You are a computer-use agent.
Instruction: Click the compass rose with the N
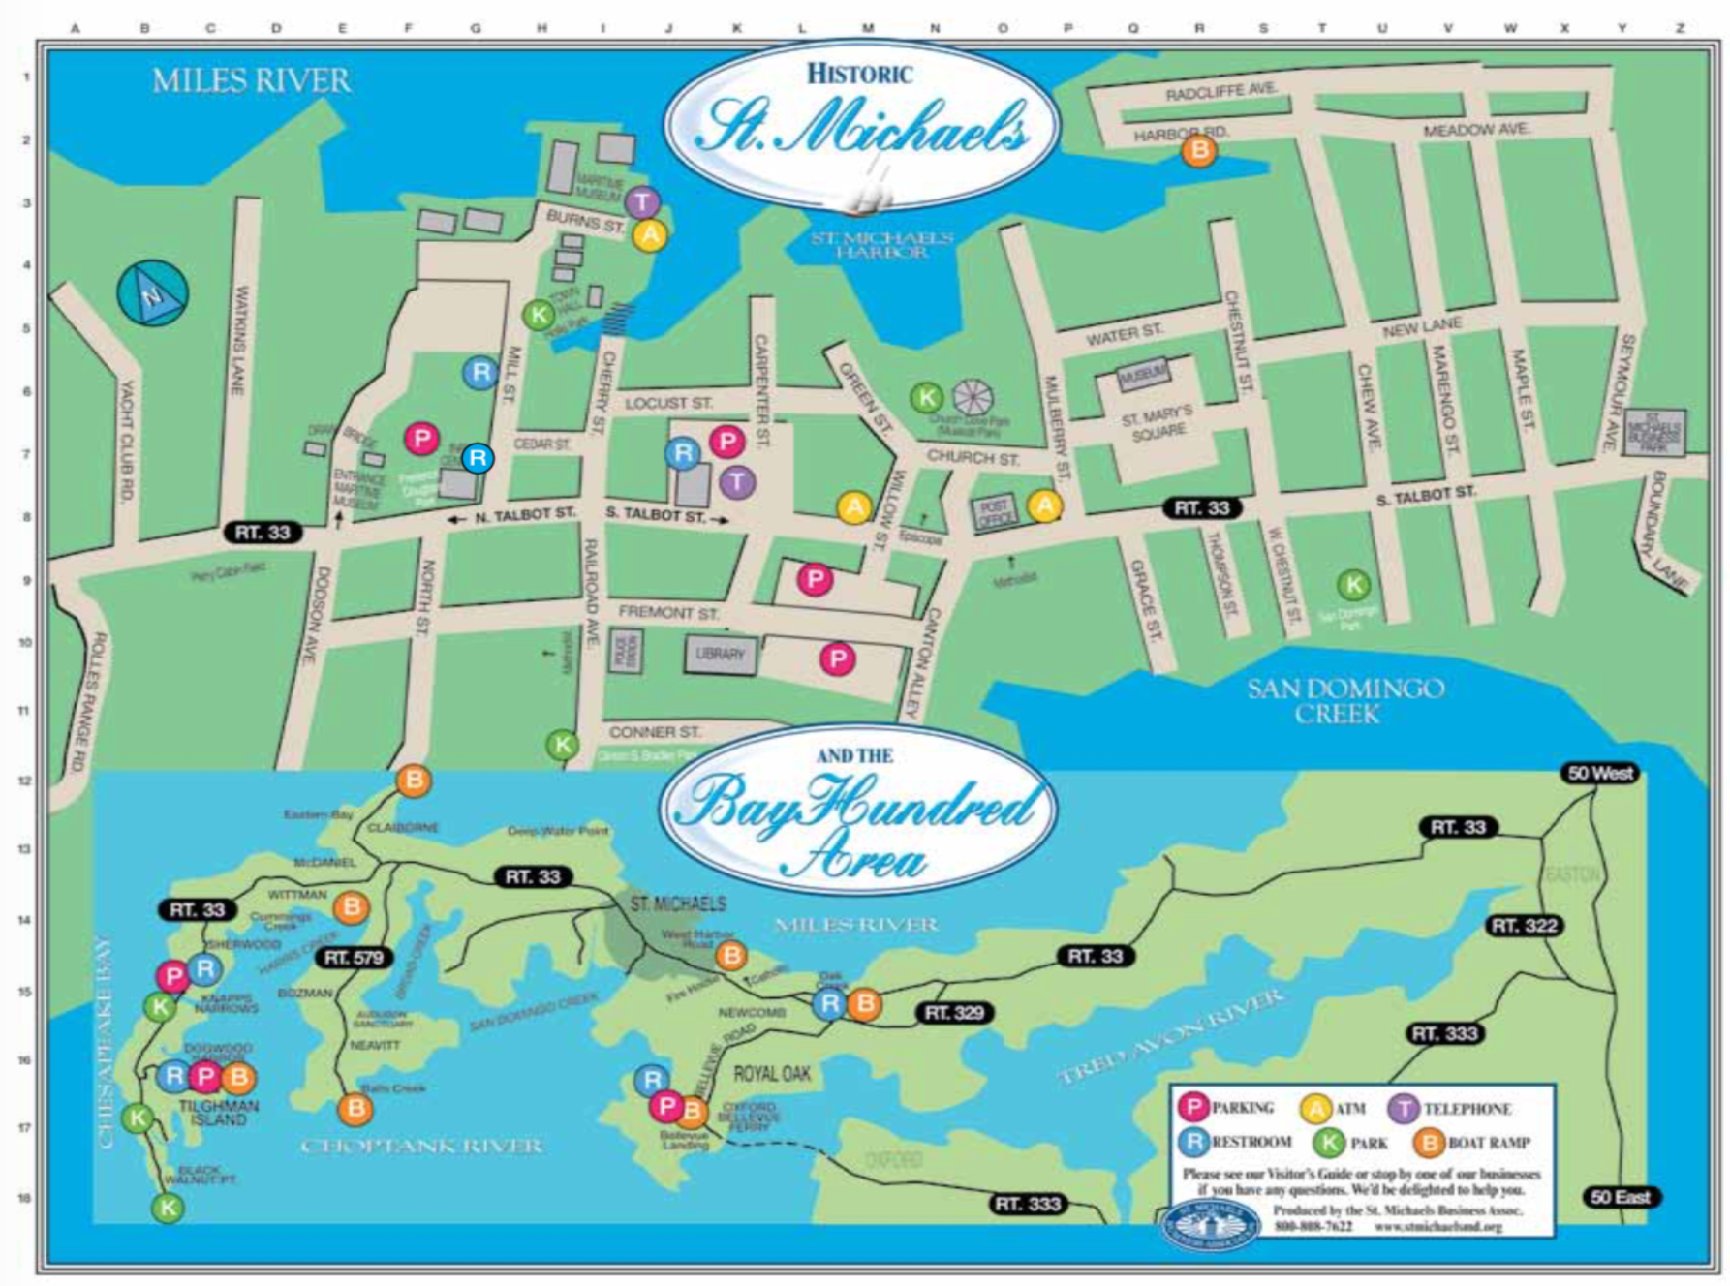pyautogui.click(x=152, y=292)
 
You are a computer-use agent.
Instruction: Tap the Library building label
pyautogui.click(x=720, y=655)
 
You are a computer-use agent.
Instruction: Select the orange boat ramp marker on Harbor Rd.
pyautogui.click(x=1199, y=150)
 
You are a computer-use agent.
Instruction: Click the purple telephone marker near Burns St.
pyautogui.click(x=641, y=202)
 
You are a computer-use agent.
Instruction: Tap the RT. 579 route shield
pyautogui.click(x=354, y=958)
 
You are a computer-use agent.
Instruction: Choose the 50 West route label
pyautogui.click(x=1600, y=773)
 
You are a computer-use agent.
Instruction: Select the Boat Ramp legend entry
pyautogui.click(x=1472, y=1143)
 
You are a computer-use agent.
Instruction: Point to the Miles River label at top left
pyautogui.click(x=251, y=80)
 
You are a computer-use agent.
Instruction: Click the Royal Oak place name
pyautogui.click(x=772, y=1074)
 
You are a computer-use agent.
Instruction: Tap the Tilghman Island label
pyautogui.click(x=218, y=1113)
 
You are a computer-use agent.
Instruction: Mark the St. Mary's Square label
pyautogui.click(x=1158, y=424)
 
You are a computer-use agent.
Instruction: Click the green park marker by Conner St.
pyautogui.click(x=563, y=745)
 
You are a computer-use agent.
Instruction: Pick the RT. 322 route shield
pyautogui.click(x=1524, y=926)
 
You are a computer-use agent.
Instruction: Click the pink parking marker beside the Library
pyautogui.click(x=838, y=659)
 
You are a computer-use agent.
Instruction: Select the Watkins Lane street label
pyautogui.click(x=240, y=339)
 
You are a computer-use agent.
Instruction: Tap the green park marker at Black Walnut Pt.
pyautogui.click(x=168, y=1208)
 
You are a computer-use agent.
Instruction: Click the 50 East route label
pyautogui.click(x=1620, y=1197)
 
